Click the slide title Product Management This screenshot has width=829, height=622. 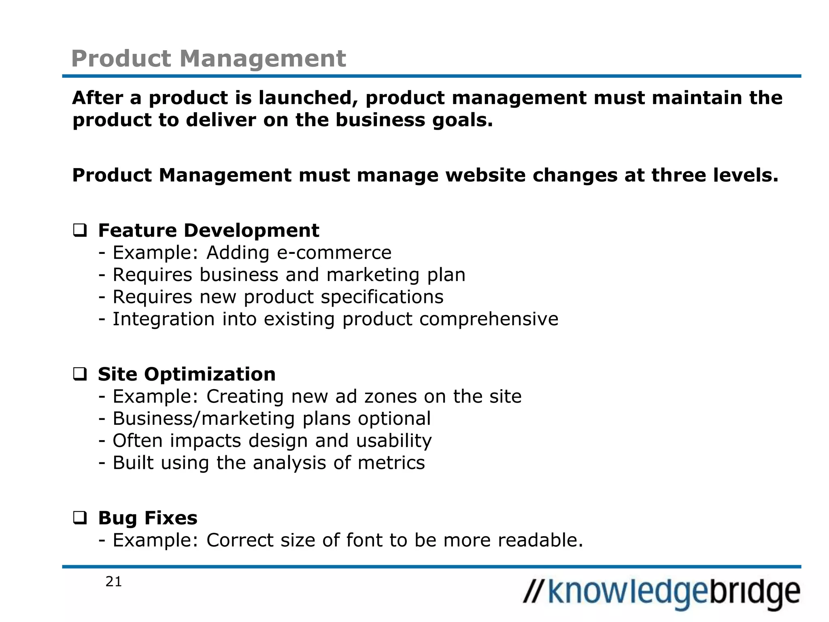coord(208,59)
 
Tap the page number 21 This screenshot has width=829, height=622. coord(114,582)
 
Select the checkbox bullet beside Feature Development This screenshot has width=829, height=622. coord(80,231)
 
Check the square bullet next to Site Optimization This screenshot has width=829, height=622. coord(80,374)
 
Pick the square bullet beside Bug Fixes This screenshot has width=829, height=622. coord(80,518)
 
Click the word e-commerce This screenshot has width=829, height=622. coord(334,253)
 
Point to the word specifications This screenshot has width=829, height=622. coord(382,297)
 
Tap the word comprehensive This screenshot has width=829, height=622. coord(489,319)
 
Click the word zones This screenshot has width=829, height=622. coord(390,396)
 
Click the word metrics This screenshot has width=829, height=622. coord(391,463)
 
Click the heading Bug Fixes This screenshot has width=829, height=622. coord(148,518)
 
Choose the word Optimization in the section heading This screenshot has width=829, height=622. coord(210,374)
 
